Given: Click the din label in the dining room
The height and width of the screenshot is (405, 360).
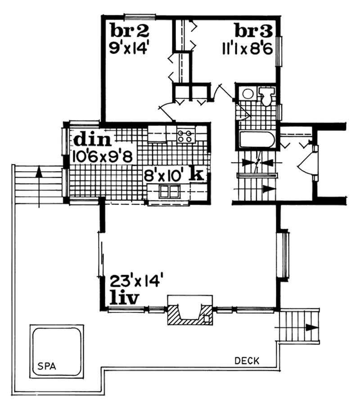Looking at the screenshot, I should click(x=92, y=140).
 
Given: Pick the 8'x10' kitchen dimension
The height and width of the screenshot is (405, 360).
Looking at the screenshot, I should click(x=163, y=174).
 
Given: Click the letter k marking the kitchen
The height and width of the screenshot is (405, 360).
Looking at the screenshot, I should click(x=196, y=174).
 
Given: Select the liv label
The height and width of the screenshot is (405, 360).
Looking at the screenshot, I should click(x=125, y=298).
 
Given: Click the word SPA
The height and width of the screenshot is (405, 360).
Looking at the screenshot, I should click(x=44, y=365).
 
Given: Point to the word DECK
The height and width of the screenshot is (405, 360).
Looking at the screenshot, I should click(x=247, y=360).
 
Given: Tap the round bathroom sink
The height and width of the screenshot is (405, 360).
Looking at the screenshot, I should click(x=247, y=94).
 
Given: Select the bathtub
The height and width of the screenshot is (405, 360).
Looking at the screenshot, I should click(x=255, y=140).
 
